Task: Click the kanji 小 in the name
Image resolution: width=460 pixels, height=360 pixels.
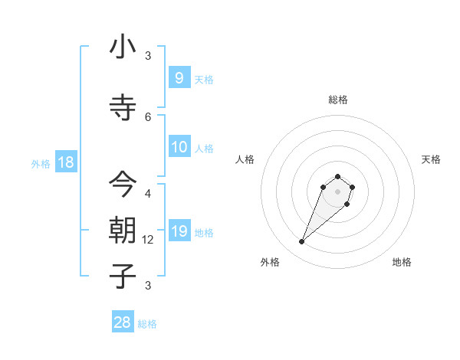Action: tap(123, 47)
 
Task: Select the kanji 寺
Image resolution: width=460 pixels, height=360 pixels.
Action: tap(123, 107)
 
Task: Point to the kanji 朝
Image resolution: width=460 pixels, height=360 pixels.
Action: tap(123, 230)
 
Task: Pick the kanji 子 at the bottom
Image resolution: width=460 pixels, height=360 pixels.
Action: tap(123, 276)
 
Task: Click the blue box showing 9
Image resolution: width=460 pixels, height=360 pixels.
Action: tap(179, 77)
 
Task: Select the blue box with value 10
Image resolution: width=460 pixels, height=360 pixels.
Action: tap(179, 147)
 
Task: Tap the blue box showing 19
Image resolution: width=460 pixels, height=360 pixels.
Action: tap(179, 231)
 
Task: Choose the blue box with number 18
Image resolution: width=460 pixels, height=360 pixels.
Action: tap(65, 162)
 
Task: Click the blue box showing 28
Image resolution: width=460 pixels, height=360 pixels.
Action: tap(123, 322)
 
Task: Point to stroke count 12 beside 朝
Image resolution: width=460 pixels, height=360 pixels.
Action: tap(149, 240)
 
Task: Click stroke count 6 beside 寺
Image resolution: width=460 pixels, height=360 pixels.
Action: tap(149, 116)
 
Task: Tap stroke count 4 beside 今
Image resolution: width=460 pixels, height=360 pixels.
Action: tap(149, 193)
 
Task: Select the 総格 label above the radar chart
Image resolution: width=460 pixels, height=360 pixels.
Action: tap(338, 100)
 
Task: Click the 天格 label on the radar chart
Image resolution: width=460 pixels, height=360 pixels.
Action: tap(432, 159)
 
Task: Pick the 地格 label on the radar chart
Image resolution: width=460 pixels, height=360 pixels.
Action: tap(402, 262)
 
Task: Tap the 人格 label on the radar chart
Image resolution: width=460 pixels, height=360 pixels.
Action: tap(245, 159)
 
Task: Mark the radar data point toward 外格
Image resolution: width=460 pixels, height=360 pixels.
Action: tap(302, 242)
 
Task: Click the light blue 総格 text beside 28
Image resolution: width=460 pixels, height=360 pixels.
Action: tap(147, 324)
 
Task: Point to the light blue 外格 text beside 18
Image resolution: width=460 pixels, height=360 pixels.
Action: tap(41, 163)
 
